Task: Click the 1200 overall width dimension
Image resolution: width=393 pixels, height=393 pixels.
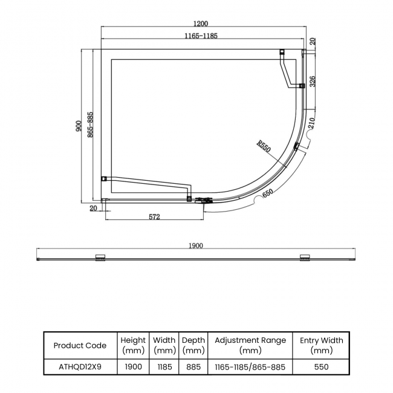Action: [201, 24]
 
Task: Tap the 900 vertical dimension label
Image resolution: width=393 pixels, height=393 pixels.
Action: [79, 126]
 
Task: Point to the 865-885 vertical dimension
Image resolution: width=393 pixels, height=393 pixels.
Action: [89, 126]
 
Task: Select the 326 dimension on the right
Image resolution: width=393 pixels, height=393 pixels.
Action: [313, 81]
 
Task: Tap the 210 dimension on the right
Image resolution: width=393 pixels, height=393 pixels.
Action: [313, 125]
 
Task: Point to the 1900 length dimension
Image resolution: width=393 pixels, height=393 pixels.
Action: [195, 246]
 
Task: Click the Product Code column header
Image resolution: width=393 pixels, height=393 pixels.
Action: [80, 345]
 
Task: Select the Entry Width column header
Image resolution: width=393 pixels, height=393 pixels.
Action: [321, 345]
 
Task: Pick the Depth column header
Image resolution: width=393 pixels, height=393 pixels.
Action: [193, 345]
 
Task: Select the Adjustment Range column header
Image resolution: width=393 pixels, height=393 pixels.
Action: [250, 345]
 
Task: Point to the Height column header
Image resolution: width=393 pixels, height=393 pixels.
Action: [133, 345]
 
